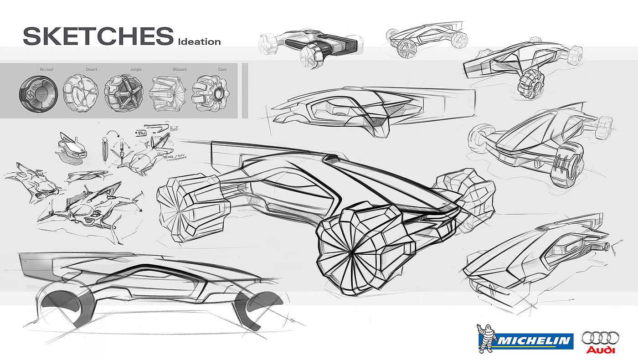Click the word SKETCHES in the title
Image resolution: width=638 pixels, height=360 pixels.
pyautogui.click(x=98, y=36)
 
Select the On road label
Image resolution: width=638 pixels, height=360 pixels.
pyautogui.click(x=46, y=70)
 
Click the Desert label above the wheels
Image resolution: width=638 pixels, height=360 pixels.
pyautogui.click(x=91, y=70)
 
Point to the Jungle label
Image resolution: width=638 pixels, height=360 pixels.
pyautogui.click(x=136, y=70)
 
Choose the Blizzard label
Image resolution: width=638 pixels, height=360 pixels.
pyautogui.click(x=180, y=70)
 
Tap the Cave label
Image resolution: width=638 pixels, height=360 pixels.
pyautogui.click(x=222, y=70)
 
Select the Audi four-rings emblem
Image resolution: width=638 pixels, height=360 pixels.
pyautogui.click(x=600, y=339)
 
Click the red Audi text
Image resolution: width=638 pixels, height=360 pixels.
pyautogui.click(x=600, y=350)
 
